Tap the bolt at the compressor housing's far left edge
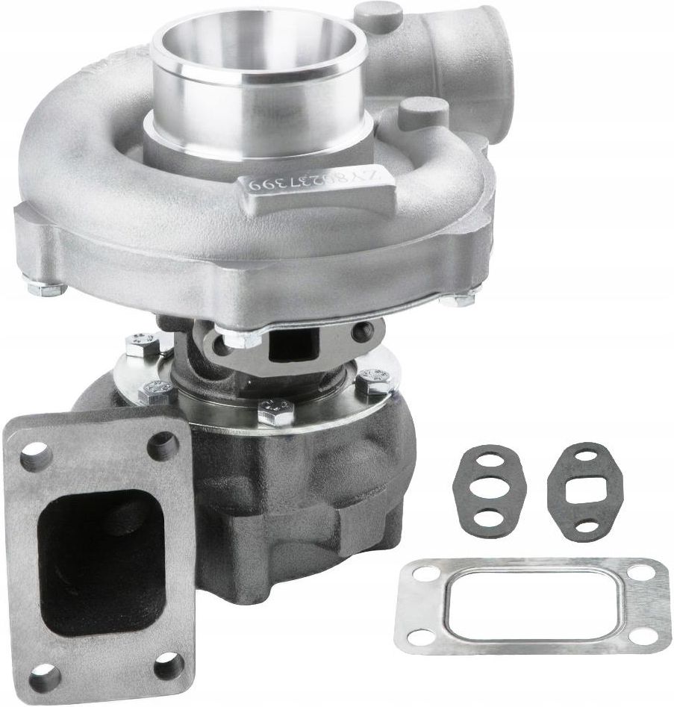[x=34, y=284]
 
